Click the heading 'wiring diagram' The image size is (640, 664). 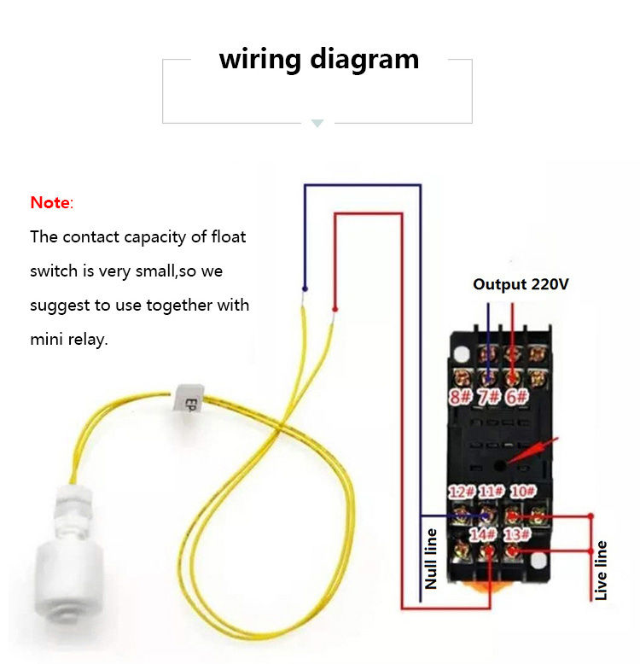pyautogui.click(x=318, y=59)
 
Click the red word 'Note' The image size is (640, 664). pyautogui.click(x=50, y=203)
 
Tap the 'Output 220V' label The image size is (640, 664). pyautogui.click(x=521, y=284)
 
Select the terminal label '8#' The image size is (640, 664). pyautogui.click(x=462, y=396)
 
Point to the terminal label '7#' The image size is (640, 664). pyautogui.click(x=488, y=396)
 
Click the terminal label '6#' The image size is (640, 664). pyautogui.click(x=515, y=396)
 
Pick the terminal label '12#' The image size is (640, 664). pyautogui.click(x=462, y=492)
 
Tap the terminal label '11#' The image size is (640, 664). pyautogui.click(x=490, y=492)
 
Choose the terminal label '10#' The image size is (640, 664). pyautogui.click(x=522, y=492)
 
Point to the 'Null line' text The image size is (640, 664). pyautogui.click(x=431, y=559)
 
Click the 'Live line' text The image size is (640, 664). pyautogui.click(x=602, y=570)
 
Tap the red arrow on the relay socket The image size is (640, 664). pyautogui.click(x=536, y=450)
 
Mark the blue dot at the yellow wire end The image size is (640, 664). pyautogui.click(x=305, y=288)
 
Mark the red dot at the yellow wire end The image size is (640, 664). pyautogui.click(x=335, y=308)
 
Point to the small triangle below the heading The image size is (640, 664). pyautogui.click(x=317, y=124)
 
